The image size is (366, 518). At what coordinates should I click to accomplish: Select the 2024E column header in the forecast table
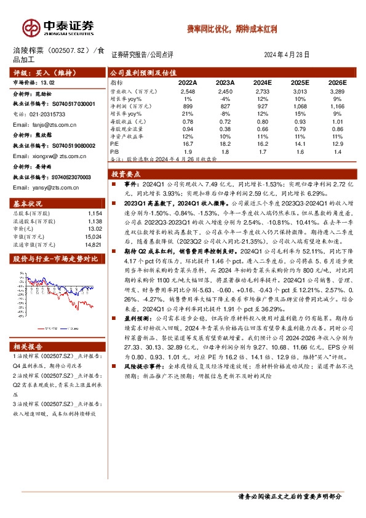(x=262, y=81)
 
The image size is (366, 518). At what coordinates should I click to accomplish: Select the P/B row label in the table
(x=114, y=150)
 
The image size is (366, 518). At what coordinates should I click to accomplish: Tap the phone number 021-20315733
(x=42, y=114)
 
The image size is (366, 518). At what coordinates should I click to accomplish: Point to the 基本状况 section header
(x=28, y=204)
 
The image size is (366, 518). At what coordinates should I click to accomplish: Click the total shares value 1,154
(x=95, y=212)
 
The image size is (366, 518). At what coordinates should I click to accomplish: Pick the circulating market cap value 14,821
(x=93, y=243)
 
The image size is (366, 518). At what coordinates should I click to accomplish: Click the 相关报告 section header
(x=28, y=347)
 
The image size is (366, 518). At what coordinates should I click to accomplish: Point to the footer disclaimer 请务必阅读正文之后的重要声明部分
(x=289, y=496)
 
